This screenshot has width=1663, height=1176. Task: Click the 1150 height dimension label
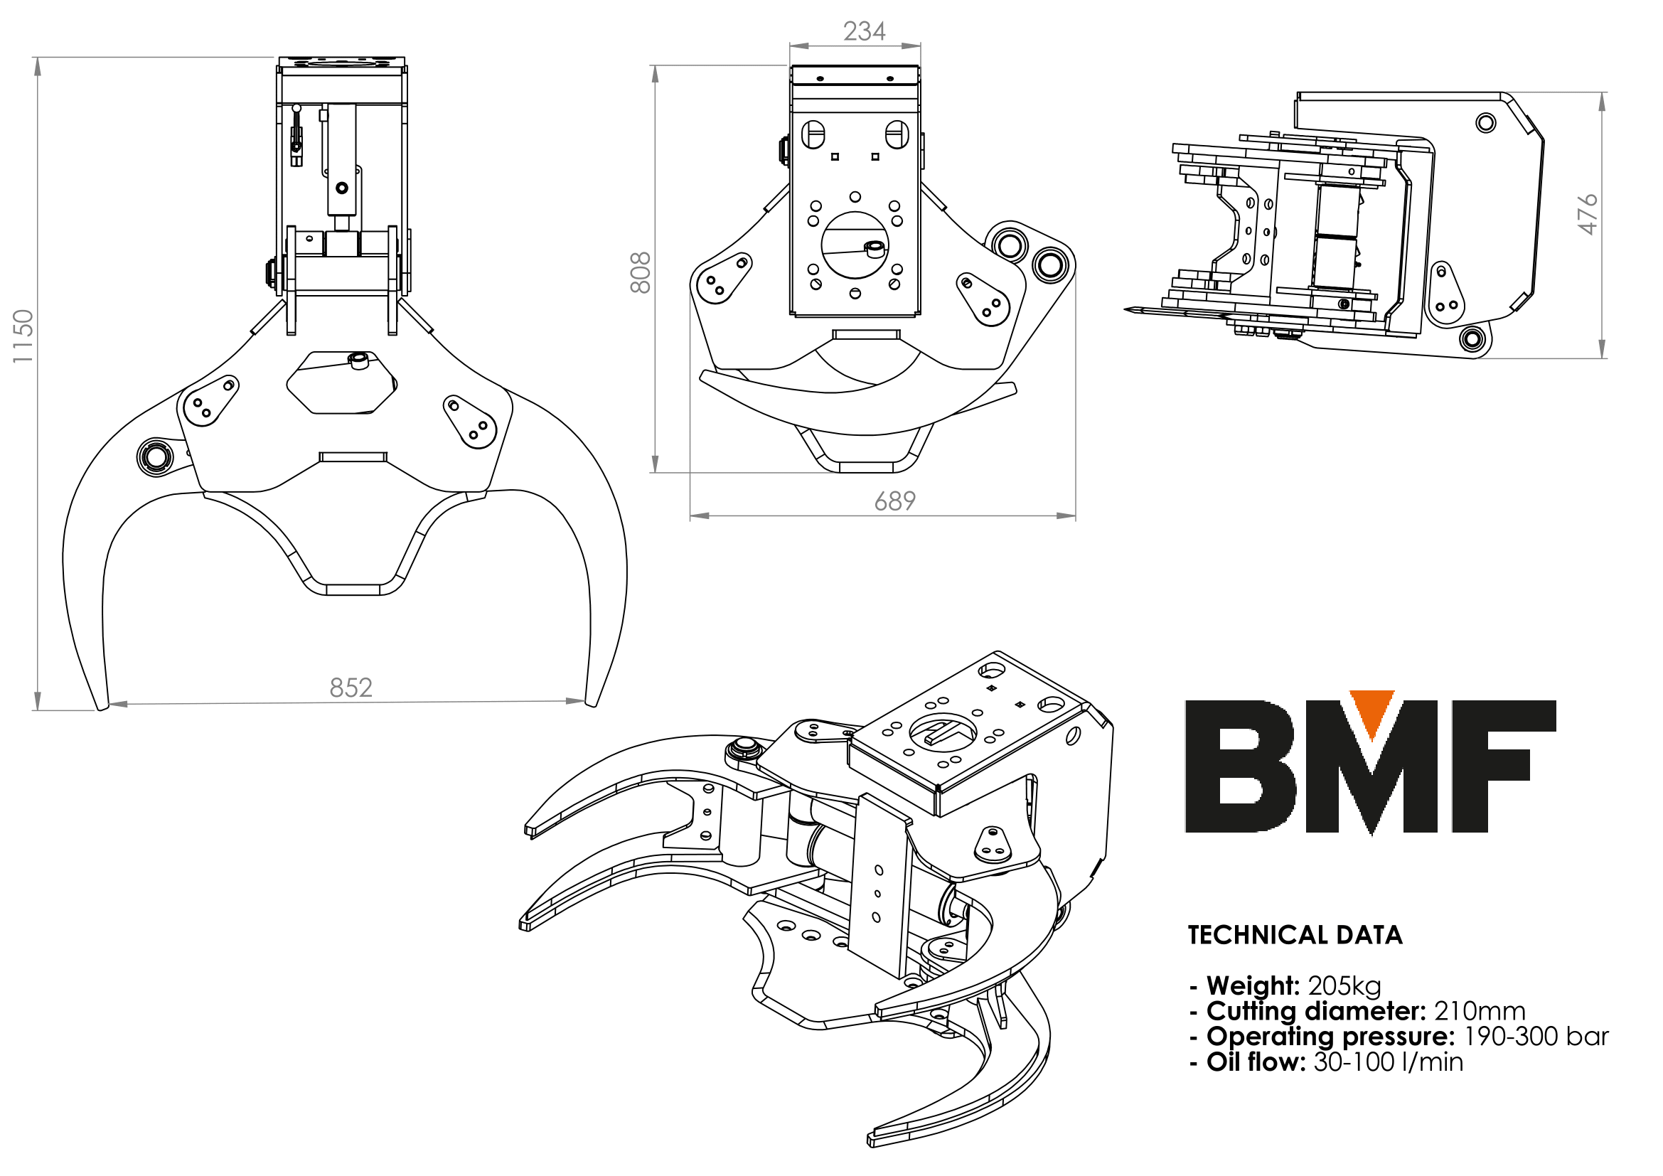point(23,336)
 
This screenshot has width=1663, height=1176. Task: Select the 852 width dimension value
point(351,688)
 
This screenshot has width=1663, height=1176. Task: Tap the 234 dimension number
point(864,31)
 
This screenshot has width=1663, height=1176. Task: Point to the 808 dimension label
point(641,273)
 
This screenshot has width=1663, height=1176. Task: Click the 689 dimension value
point(894,501)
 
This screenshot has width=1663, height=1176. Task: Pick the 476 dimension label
point(1586,213)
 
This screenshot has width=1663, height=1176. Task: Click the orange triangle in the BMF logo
point(1371,713)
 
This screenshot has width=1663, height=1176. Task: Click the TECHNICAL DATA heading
point(1295,935)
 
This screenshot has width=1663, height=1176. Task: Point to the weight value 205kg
point(1344,986)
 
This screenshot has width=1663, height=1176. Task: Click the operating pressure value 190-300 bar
point(1536,1037)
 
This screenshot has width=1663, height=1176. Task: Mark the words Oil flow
point(1255,1062)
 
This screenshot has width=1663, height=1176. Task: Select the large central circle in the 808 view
point(855,245)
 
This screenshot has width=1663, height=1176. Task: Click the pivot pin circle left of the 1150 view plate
point(155,457)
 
